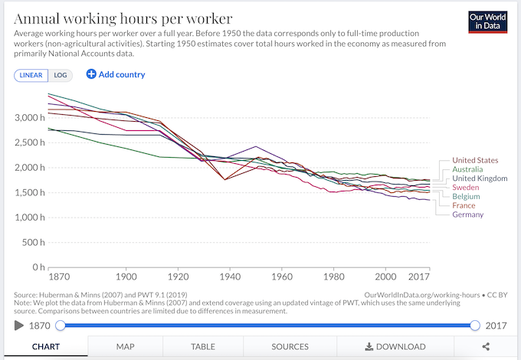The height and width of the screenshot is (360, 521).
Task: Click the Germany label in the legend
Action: coord(468,215)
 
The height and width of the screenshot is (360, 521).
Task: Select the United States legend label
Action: coord(475,160)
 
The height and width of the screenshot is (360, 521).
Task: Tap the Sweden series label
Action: coord(466,188)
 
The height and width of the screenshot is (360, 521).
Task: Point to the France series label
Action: coord(464,206)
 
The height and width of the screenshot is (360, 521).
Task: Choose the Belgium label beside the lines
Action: coord(467,197)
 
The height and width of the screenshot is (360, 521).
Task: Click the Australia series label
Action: coord(469,169)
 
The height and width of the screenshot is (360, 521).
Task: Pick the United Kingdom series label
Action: coord(480,178)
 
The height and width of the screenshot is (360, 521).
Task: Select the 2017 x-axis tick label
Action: coord(419,276)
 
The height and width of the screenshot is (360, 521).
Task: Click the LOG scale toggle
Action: coord(61,75)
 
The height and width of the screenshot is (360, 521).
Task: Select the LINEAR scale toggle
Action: coord(31,75)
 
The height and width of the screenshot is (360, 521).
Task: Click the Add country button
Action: coord(116,74)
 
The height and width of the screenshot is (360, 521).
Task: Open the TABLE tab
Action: coord(203,347)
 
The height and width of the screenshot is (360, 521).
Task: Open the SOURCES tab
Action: coord(290,347)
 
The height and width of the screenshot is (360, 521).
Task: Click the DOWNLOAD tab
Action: coord(395,347)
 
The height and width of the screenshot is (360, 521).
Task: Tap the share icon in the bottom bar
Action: coord(486,347)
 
